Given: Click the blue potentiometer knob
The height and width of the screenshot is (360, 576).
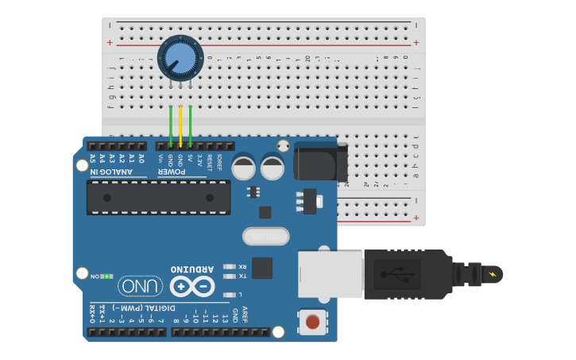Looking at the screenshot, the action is pyautogui.click(x=180, y=58).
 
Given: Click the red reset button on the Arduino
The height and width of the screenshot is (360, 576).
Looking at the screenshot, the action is pyautogui.click(x=312, y=322).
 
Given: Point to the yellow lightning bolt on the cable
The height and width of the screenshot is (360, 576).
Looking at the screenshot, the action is pyautogui.click(x=494, y=275).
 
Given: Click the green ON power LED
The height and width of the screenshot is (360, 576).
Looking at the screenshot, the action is pyautogui.click(x=106, y=276).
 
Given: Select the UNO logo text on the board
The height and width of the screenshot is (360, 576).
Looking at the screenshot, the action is pyautogui.click(x=141, y=286).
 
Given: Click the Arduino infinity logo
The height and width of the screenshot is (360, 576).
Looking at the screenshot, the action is pyautogui.click(x=192, y=285).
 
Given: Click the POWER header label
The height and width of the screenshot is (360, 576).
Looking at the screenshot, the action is pyautogui.click(x=173, y=172).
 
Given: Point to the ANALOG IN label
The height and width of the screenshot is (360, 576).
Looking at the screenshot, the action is pyautogui.click(x=116, y=172).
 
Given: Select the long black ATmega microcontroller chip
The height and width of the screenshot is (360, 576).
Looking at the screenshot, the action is pyautogui.click(x=159, y=198).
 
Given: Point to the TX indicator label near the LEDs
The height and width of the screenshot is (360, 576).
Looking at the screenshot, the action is pyautogui.click(x=242, y=276).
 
